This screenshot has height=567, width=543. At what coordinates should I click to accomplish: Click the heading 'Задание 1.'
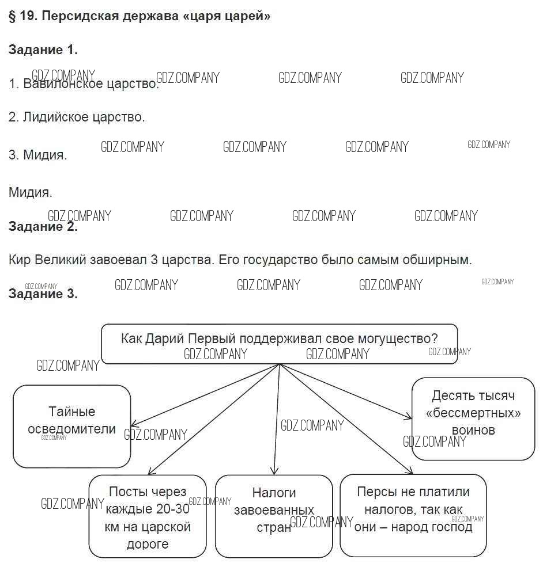tap(43, 50)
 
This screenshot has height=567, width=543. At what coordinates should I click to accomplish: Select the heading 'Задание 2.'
tap(43, 226)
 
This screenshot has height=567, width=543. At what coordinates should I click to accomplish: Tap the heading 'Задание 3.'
tap(43, 294)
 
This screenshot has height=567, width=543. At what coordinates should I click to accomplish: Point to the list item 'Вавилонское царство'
tap(90, 84)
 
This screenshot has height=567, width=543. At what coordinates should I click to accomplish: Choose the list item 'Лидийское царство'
tap(84, 117)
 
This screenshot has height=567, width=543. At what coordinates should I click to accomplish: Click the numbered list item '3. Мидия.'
tap(38, 155)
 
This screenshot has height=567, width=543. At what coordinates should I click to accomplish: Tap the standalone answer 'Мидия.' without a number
tap(31, 192)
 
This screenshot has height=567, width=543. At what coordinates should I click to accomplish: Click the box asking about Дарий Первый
tap(279, 344)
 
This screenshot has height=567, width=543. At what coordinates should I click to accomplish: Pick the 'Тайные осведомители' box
tap(72, 426)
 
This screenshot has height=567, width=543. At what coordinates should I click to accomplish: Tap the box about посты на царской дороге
tap(148, 516)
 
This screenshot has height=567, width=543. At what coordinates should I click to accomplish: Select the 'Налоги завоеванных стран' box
tap(274, 516)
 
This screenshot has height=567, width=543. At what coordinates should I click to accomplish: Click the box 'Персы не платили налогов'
tap(413, 516)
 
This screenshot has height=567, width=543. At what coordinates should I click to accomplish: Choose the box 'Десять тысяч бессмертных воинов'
tap(473, 418)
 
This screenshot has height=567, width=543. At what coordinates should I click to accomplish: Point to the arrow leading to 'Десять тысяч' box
tap(346, 391)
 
